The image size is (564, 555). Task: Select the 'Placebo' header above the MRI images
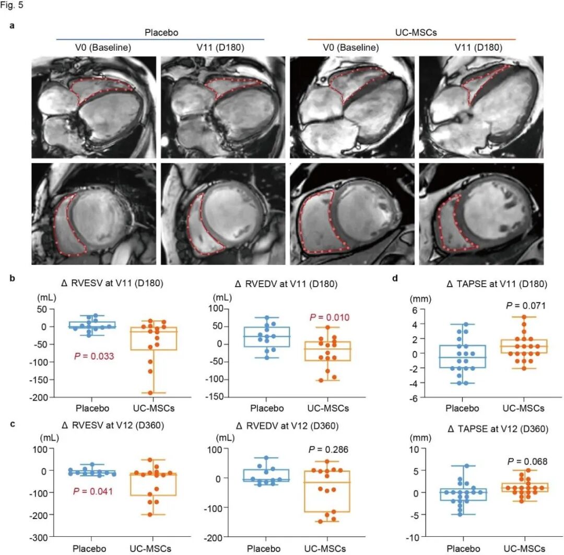(161, 32)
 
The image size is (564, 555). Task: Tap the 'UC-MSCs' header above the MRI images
(412, 32)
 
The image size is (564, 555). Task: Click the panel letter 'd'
(395, 278)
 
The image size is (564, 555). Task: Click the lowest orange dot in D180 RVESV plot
(150, 393)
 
